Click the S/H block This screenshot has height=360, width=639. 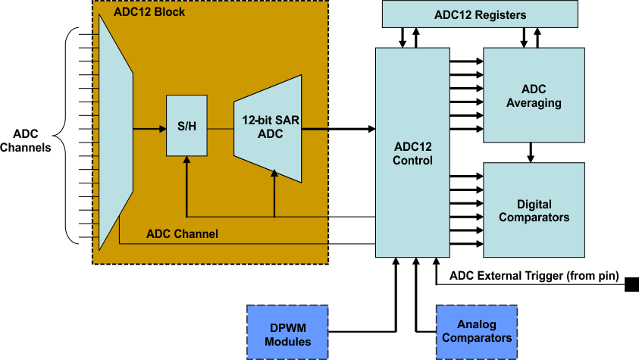pos(186,127)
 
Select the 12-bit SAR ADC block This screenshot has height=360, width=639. pos(268,128)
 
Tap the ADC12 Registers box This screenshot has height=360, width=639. pos(479,14)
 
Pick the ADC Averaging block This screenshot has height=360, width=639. pos(534,95)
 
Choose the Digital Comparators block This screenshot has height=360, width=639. pos(534,210)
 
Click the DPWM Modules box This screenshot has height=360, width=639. pos(288,332)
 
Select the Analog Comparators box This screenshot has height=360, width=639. pos(476,332)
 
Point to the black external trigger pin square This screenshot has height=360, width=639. pos(631,285)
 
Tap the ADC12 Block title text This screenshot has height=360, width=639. pos(149,12)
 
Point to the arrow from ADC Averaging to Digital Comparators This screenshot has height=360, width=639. pos(531,152)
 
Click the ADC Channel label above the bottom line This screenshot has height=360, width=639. pos(182,234)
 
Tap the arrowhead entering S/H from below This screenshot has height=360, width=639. pos(186,161)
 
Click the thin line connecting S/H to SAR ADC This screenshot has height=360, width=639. pos(220,129)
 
